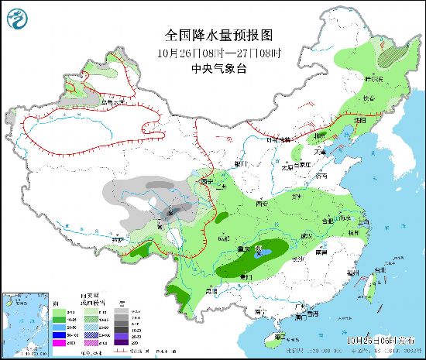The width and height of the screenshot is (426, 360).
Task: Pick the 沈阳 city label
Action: (359, 121)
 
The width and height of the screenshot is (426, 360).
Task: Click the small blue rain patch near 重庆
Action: (265, 252)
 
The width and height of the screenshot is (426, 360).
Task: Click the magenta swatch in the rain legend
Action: (59, 341)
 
